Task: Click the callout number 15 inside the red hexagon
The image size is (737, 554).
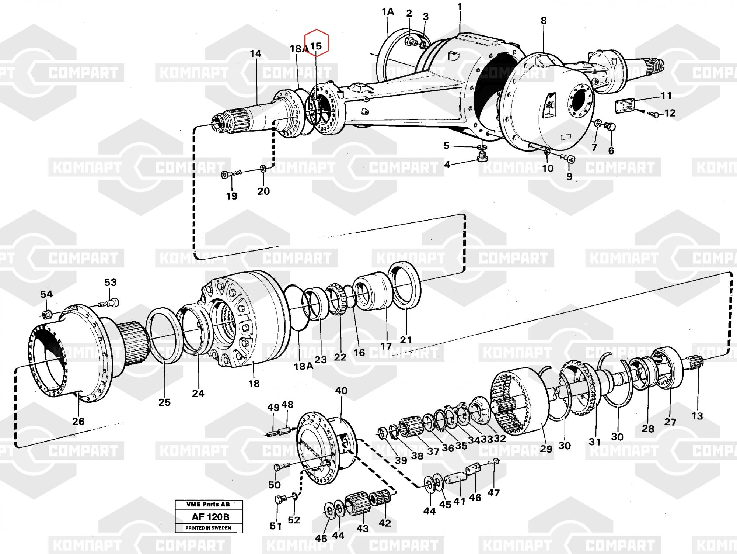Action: coord(316,46)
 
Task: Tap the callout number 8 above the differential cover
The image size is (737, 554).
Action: coord(544,21)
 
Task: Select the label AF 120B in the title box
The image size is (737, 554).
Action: coord(209,517)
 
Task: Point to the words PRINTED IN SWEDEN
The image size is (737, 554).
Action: coord(208,528)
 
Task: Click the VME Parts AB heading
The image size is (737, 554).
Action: coord(208,504)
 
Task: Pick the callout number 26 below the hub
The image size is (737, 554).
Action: coord(78,421)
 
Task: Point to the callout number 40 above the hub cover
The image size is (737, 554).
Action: coord(341,391)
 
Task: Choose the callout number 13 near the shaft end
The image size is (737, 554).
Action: coord(697,416)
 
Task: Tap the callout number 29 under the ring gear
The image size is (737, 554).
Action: coord(546,449)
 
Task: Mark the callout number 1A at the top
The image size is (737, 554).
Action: coord(388,12)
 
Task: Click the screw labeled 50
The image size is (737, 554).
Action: coord(282,468)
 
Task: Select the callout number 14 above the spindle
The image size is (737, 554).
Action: coord(255,54)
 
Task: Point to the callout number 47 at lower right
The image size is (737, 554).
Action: coord(493,492)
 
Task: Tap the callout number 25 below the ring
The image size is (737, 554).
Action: coord(164,402)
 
